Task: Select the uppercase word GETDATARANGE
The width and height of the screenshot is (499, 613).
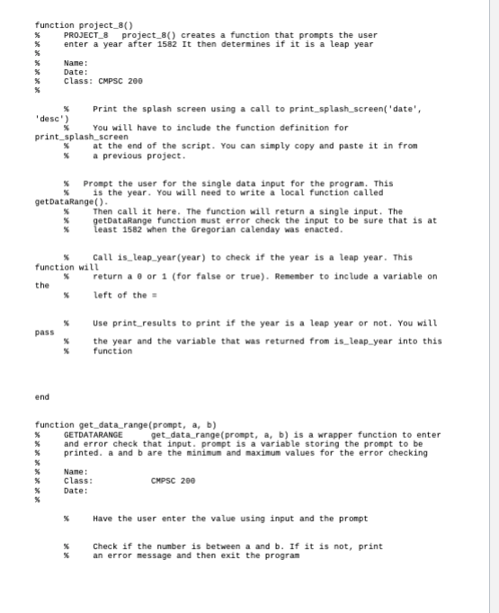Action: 94,435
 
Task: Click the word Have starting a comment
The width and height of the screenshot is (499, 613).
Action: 103,518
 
